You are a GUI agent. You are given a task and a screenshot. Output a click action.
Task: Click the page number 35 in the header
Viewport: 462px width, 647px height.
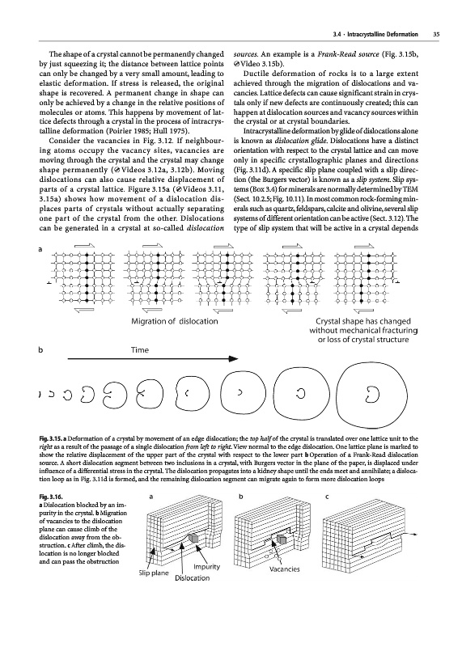[x=435, y=35]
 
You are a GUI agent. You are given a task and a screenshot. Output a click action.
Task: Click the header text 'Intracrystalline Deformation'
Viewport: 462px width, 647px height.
[x=383, y=35]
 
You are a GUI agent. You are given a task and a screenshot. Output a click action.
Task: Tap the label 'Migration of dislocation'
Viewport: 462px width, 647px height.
[x=174, y=321]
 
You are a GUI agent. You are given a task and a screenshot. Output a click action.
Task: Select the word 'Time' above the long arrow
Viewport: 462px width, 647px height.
[x=139, y=350]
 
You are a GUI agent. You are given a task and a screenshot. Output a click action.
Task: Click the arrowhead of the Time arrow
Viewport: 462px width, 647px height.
[x=234, y=359]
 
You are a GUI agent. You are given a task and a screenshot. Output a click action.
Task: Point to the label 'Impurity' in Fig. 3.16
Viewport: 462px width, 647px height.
[x=206, y=567]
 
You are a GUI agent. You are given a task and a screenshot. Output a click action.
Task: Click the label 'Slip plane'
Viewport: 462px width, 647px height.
[x=154, y=573]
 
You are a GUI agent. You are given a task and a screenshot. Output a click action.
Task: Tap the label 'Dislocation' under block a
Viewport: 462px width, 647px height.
[x=192, y=578]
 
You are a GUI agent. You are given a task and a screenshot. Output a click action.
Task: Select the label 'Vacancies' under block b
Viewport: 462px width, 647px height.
[x=285, y=569]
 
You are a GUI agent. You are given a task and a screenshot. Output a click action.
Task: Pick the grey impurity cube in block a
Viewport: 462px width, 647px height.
[x=193, y=538]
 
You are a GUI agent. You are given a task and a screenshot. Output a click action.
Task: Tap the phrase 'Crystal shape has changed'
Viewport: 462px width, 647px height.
[x=363, y=321]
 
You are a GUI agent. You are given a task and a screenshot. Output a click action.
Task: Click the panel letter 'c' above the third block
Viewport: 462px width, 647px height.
[x=327, y=497]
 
